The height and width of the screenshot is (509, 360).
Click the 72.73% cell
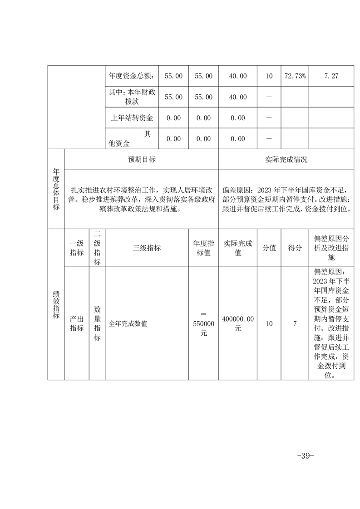pos(295,76)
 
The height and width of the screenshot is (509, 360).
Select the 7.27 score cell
pos(331,76)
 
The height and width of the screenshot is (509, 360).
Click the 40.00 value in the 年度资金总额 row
pos(238,76)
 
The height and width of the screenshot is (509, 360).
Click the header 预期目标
pos(142,160)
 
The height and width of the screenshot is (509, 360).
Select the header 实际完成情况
pos(286,160)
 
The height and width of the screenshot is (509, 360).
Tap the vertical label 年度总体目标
pos(56,189)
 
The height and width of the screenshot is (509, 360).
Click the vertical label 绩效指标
pos(56,304)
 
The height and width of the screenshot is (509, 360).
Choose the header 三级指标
pos(147,248)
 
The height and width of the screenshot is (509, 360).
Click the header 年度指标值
pos(203,248)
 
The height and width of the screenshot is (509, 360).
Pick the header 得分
pos(295,248)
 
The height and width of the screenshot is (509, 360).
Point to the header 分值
pos(269,248)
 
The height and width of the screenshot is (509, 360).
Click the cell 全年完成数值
pos(128,324)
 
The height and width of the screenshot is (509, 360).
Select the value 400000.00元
pos(238,324)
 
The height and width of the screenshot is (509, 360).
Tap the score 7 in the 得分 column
pos(295,324)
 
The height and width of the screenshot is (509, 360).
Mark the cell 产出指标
pos(77,324)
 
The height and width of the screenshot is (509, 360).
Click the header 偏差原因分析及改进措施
pos(331,248)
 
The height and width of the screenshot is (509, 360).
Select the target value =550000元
pos(203,324)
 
